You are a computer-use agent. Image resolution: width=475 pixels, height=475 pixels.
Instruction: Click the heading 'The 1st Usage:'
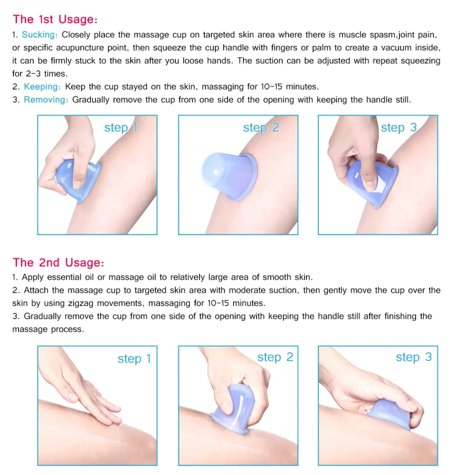tap(55, 19)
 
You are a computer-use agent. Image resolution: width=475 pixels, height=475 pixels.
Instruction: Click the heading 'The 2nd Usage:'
tap(58, 263)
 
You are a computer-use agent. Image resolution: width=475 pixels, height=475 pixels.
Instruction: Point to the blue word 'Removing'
tap(46, 100)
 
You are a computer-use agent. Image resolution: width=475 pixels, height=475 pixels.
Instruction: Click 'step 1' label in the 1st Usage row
tap(121, 128)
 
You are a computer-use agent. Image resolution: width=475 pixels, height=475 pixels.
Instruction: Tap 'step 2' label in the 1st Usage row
tap(261, 128)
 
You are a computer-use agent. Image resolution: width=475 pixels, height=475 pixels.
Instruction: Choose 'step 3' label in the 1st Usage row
tap(399, 128)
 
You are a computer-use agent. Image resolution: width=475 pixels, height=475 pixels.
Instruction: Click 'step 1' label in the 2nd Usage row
tap(134, 359)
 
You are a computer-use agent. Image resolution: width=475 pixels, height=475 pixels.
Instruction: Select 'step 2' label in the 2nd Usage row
tap(275, 358)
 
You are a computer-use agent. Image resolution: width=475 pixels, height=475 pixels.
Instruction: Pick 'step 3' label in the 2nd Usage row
tap(414, 358)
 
